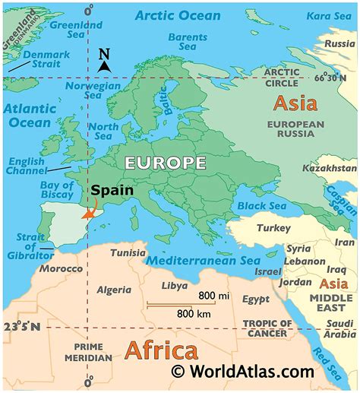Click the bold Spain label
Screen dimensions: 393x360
tap(112, 191)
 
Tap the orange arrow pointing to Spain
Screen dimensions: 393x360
tap(93, 213)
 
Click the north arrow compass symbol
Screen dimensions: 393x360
tap(105, 61)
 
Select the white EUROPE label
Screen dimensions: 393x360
tap(166, 163)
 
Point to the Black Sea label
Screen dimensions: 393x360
tap(261, 205)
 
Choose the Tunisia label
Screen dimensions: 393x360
tap(128, 252)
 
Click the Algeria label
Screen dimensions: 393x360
tap(115, 290)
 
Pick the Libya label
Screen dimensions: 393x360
tap(176, 286)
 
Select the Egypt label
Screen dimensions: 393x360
tap(255, 300)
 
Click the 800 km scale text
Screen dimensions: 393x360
tap(194, 312)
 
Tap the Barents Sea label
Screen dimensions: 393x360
tap(187, 42)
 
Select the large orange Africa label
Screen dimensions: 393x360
tap(160, 350)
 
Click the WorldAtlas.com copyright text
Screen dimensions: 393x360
tap(242, 371)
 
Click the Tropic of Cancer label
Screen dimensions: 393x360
tap(266, 328)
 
